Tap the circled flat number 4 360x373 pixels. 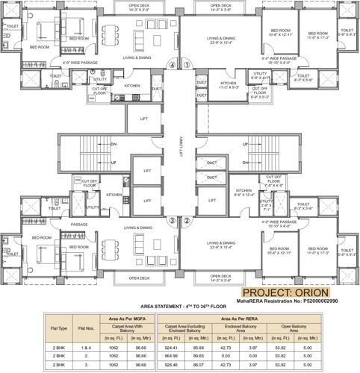tap(173, 65)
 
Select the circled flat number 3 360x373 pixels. tap(173, 220)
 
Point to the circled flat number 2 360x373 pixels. tap(188, 220)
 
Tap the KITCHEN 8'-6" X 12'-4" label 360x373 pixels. tap(242, 196)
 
